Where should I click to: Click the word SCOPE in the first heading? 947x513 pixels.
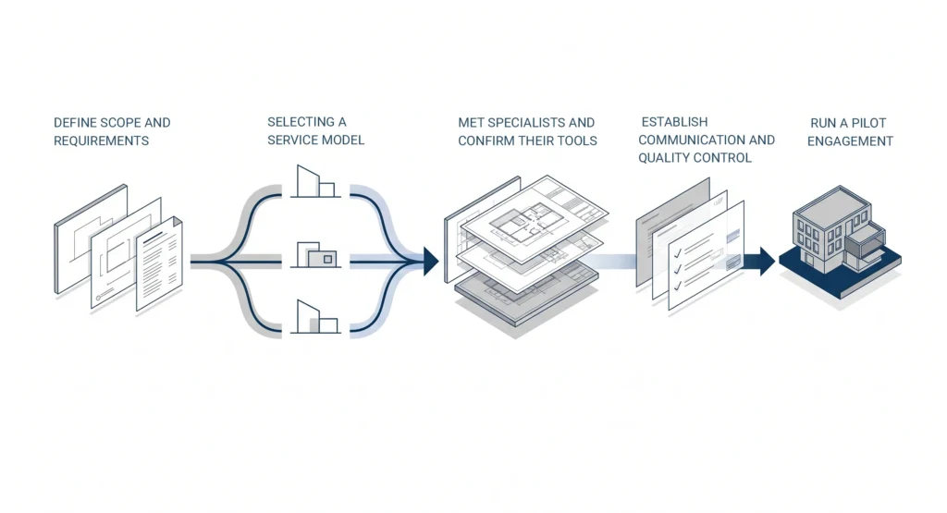pos(111,123)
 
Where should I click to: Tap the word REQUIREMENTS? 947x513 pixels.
pos(102,140)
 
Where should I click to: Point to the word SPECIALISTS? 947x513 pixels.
pos(526,123)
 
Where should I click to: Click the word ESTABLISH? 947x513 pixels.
pos(674,122)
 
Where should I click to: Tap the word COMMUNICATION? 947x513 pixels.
pos(692,140)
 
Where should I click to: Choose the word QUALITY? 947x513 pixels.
pos(664,158)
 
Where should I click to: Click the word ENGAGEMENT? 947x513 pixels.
pos(851,141)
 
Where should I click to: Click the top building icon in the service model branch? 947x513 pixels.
pos(315,181)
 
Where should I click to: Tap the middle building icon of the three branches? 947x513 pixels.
pos(315,255)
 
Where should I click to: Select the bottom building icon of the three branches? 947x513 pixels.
pos(315,317)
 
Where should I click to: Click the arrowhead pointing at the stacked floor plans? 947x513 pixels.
pos(431,262)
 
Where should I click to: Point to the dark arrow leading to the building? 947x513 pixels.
pos(760,262)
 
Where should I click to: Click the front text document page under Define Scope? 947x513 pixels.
pos(159,263)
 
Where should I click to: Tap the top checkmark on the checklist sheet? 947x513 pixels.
pos(678,252)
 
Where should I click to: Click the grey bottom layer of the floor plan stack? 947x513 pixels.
pos(525,297)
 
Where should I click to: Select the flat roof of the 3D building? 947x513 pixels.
pos(833,206)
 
